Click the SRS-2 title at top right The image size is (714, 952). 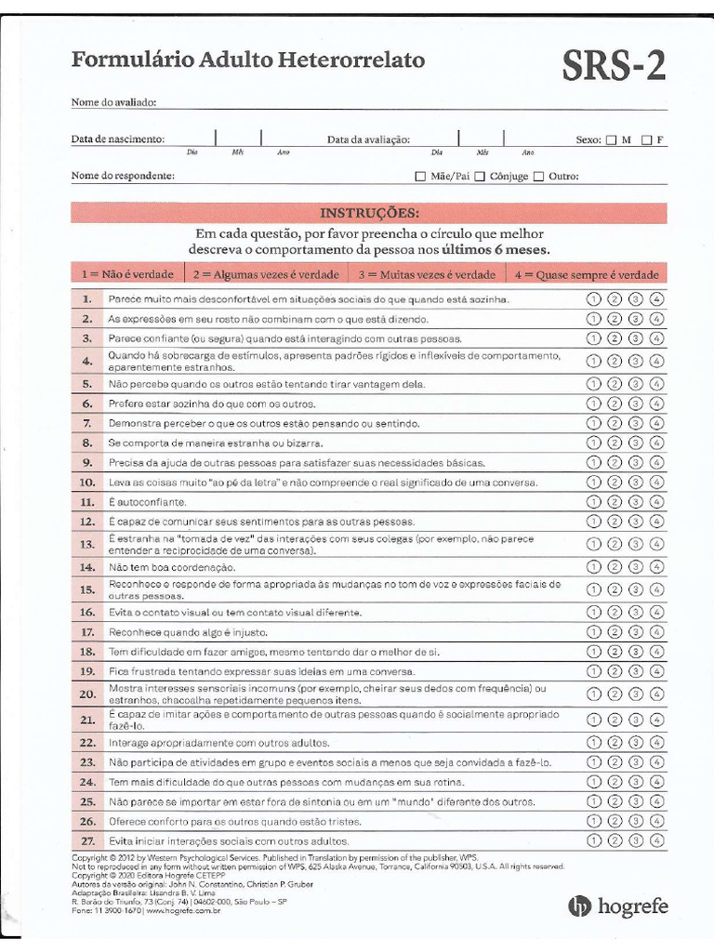613,66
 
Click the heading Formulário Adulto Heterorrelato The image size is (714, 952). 248,60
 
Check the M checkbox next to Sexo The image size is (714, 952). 611,140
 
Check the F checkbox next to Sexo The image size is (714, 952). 646,140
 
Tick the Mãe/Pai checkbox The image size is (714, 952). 420,176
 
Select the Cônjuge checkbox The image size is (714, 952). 480,176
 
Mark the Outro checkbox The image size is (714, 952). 538,176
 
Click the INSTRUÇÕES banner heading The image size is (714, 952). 369,213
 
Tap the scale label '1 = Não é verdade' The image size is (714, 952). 127,274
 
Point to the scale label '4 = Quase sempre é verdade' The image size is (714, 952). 586,274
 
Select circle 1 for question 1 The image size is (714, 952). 593,299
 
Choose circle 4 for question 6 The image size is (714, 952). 657,403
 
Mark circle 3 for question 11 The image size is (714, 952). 636,502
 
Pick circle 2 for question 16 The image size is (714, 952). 615,612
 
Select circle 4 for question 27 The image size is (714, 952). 657,840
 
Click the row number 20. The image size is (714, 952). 87,694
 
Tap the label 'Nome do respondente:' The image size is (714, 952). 123,176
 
